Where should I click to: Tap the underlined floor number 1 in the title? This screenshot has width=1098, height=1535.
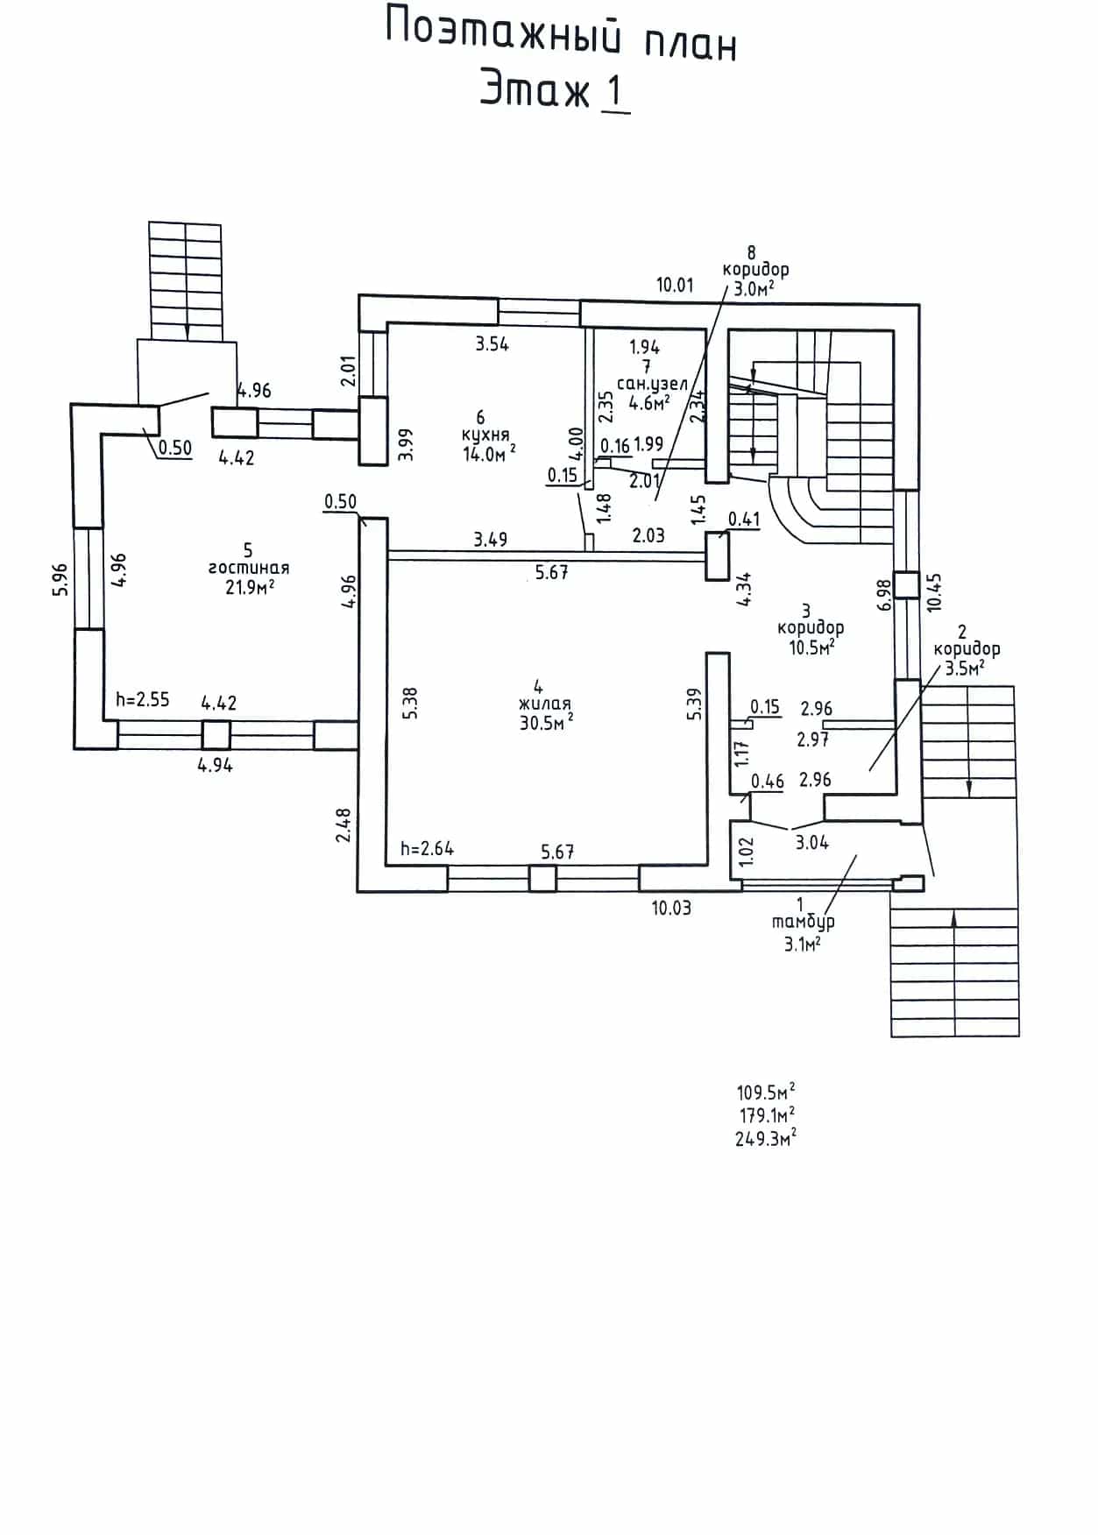pos(615,94)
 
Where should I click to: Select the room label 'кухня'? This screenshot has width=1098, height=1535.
pos(485,435)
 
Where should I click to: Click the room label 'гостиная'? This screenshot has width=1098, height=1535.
pos(248,568)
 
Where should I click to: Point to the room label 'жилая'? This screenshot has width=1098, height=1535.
pos(544,704)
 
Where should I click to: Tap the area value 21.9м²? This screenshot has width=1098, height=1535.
pos(250,586)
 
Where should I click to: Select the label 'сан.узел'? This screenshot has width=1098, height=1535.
pos(653,384)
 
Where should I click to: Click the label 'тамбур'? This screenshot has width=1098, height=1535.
pos(803,922)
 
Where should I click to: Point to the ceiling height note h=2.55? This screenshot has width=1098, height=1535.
pos(143,700)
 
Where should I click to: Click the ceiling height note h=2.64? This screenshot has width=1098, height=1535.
pos(427,848)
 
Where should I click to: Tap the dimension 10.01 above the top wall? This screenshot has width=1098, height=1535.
pos(675,285)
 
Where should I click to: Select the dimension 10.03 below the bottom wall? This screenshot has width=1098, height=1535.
pos(671,908)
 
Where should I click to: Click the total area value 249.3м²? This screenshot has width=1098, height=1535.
pos(766,1138)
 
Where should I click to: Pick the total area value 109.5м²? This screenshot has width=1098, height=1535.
pos(766,1093)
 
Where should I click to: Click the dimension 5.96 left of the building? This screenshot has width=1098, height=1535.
pos(60,580)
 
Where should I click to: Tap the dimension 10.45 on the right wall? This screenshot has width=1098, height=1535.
pos(934,591)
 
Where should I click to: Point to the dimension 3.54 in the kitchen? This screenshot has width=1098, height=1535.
pos(492,344)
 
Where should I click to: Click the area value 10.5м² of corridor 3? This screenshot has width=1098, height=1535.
pos(811,647)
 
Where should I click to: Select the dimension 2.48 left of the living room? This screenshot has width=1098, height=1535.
pos(344,824)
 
